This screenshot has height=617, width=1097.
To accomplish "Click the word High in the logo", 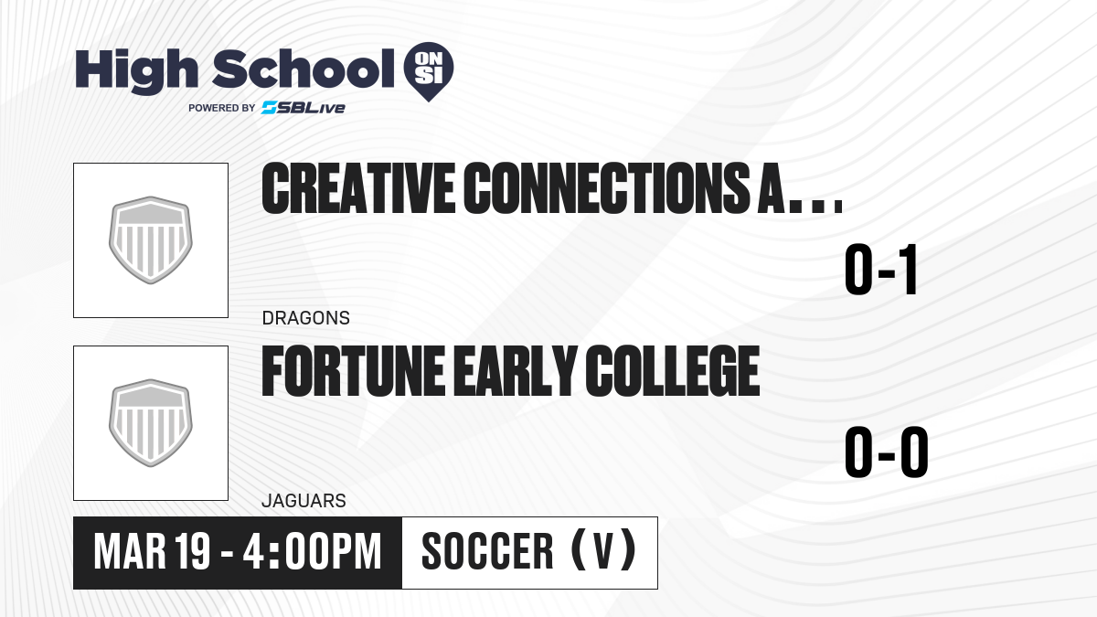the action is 136,71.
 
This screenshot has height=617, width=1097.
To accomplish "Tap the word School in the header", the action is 304,69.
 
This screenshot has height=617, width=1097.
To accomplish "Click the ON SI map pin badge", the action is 429,71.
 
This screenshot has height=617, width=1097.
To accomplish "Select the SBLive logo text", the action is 304,108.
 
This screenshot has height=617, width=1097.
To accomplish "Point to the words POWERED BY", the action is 222,108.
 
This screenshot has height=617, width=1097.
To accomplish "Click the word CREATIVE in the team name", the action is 358,188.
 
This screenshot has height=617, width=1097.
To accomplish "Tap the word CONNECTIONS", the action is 606,188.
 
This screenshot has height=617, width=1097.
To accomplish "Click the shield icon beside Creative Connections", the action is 151,239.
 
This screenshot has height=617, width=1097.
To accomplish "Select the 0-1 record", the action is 881,270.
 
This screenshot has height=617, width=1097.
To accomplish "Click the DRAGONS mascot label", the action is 306,318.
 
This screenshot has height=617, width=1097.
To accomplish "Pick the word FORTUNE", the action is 353,371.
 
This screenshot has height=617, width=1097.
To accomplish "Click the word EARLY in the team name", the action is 515,371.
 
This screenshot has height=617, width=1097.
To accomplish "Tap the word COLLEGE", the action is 673,371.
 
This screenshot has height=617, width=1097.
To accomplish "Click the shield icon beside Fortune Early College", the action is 151,423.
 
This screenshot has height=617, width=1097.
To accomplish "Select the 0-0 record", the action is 887,452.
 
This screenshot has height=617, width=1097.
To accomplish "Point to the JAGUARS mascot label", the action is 304,501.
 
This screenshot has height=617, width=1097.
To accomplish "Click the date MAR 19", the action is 152,552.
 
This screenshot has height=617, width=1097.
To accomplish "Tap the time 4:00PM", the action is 312,552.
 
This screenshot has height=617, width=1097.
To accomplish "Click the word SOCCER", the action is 487,552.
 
